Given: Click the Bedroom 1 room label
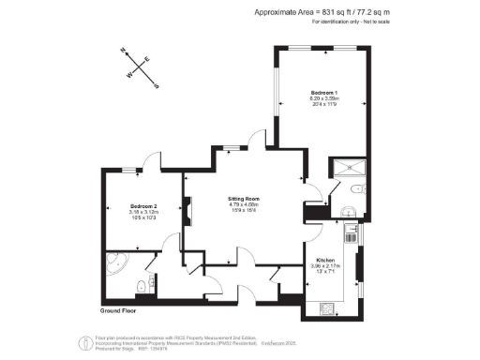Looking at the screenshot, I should [324, 92].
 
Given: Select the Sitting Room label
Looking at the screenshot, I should [244, 199].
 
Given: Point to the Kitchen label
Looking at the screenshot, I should [325, 259].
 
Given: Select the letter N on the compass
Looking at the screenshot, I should [123, 52].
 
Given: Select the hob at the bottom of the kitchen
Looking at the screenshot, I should [328, 307].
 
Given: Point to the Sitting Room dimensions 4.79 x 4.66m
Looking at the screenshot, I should [244, 205].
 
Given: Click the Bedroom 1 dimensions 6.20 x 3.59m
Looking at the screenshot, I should [324, 98].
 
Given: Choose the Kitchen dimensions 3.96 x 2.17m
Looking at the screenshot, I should [325, 265].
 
